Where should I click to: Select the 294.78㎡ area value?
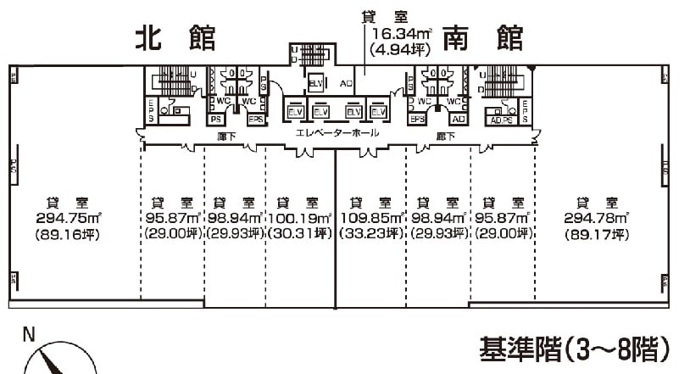[x=594, y=218]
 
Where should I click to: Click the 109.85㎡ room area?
[x=370, y=218]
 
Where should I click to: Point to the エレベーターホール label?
[x=337, y=134]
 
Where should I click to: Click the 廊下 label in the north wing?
[x=225, y=134]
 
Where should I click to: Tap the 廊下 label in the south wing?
[x=447, y=134]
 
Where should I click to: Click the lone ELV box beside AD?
[x=315, y=83]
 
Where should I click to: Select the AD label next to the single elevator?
[x=345, y=83]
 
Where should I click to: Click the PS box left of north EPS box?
[x=218, y=120]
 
